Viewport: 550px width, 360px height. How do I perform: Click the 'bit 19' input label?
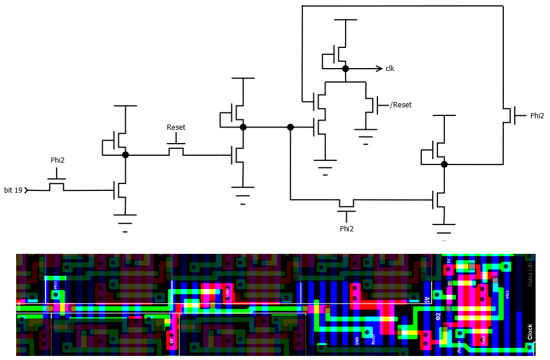pos(13,190)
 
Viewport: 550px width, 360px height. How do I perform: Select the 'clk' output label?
pos(390,69)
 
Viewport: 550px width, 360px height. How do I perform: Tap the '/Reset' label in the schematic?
pos(401,105)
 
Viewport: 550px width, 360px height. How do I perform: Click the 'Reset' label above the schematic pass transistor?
pos(176,127)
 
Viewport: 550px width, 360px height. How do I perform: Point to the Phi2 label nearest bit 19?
pos(57,160)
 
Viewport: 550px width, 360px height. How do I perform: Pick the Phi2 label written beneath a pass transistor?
pos(346,229)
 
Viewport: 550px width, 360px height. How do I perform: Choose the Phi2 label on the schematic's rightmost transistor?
pos(537,115)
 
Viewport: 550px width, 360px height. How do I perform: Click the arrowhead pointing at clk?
pos(379,69)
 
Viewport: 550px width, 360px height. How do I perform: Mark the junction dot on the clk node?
pos(345,69)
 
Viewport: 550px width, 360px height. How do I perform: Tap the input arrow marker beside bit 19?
pos(27,190)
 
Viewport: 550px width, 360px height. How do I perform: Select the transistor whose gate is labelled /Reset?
pos(369,105)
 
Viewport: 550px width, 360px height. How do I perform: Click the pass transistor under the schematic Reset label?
pos(176,151)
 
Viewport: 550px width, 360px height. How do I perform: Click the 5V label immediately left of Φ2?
pos(427,301)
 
